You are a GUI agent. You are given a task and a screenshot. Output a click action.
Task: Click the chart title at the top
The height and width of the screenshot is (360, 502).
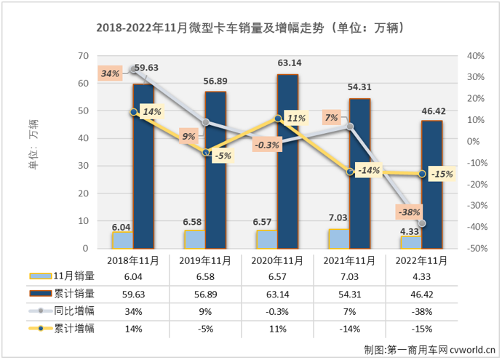[250, 28]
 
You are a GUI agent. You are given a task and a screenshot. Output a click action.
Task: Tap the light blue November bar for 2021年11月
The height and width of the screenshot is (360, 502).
[338, 239]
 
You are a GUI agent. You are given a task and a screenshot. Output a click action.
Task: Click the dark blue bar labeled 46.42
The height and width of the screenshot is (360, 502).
[432, 185]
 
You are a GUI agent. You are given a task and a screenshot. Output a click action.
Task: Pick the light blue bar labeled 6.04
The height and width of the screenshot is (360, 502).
[122, 240]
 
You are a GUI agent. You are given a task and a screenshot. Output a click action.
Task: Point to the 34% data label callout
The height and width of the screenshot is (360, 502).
[110, 73]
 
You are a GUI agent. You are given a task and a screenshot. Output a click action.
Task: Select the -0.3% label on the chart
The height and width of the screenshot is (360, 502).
[268, 145]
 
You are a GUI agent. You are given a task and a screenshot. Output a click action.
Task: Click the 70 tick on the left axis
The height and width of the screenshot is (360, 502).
[84, 56]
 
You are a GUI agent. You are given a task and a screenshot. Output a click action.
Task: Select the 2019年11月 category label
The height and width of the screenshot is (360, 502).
[205, 260]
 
